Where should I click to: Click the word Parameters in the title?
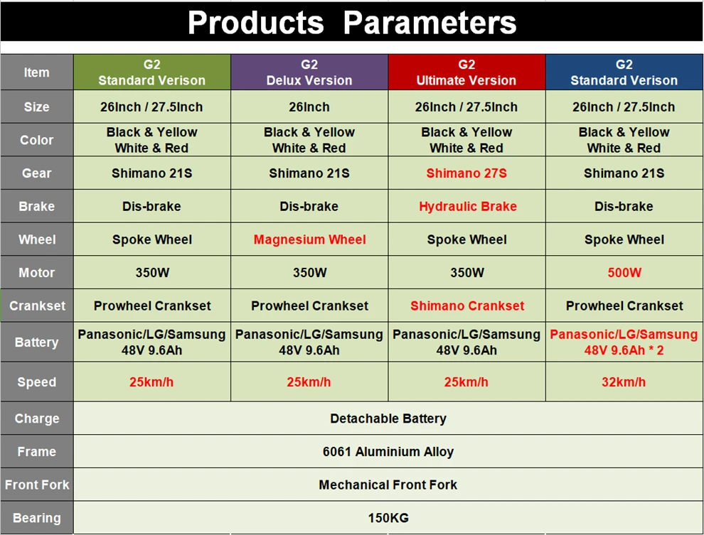click(x=430, y=23)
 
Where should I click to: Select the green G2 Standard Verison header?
click(x=151, y=72)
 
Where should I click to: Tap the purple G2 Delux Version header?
click(x=309, y=72)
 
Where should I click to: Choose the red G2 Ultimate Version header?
click(x=466, y=72)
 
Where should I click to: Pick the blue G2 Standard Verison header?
click(x=624, y=72)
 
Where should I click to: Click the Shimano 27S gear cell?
click(x=466, y=173)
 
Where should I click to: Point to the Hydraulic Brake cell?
click(x=467, y=206)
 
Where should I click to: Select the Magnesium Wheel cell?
click(x=310, y=239)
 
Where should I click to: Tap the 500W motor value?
click(x=624, y=273)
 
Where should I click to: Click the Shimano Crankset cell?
click(x=467, y=306)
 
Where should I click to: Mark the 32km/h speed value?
click(x=624, y=382)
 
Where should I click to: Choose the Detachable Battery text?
click(x=388, y=418)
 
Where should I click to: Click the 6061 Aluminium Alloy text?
click(x=388, y=452)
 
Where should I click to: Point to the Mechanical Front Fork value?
click(x=388, y=485)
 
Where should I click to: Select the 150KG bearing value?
click(x=388, y=518)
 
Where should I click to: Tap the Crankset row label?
click(x=37, y=306)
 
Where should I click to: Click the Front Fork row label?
click(x=37, y=485)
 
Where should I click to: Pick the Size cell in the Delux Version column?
click(x=309, y=107)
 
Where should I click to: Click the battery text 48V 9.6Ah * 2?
click(x=624, y=350)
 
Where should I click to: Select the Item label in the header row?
click(x=36, y=72)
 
